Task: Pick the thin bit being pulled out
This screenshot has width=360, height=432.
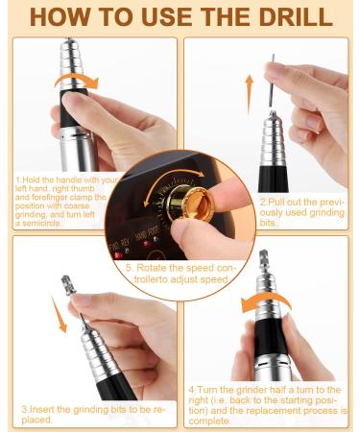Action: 271,82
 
